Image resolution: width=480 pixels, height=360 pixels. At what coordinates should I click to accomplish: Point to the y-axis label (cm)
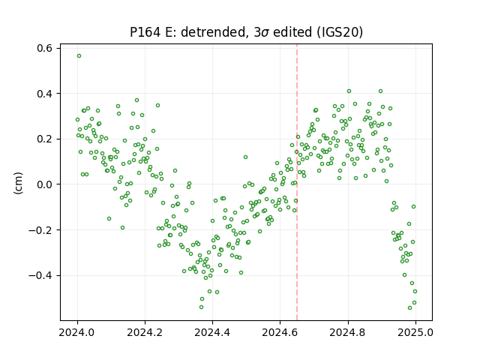coord(18,183)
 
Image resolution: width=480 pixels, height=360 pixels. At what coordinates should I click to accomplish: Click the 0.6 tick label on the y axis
coord(45,48)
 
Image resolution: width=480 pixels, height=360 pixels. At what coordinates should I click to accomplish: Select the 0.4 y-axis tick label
coord(45,93)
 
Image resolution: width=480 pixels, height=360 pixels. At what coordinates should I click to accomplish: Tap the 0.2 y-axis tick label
coord(45,139)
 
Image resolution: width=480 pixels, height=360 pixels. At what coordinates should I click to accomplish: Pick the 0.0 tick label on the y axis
coord(45,184)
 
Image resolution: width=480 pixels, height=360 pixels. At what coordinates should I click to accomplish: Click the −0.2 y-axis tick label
coord(40,230)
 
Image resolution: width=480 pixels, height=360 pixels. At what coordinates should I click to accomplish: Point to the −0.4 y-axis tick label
coord(40,275)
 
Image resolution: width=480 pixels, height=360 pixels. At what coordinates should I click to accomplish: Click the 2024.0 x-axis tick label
coord(77,332)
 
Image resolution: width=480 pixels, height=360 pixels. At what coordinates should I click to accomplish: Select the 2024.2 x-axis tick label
coord(145,332)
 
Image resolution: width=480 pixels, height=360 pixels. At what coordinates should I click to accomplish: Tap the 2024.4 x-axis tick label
coord(212,332)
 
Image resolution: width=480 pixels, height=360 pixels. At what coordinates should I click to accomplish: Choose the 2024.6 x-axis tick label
coord(280,332)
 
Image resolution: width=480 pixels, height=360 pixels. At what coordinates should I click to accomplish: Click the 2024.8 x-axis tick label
coord(348,332)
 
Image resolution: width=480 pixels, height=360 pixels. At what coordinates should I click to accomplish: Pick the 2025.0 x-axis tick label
coord(415,332)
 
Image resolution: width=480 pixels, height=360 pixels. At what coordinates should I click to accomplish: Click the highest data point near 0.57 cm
coord(79,56)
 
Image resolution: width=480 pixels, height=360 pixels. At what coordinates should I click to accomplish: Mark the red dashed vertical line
coord(297,182)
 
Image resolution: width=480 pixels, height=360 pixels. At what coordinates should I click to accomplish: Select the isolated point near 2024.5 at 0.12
coord(245,157)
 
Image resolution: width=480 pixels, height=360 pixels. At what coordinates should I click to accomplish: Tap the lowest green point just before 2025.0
coord(410,308)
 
